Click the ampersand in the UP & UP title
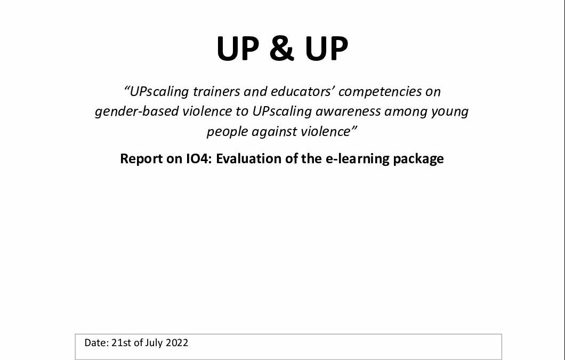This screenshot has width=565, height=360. click(281, 49)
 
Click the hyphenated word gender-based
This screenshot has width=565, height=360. click(137, 112)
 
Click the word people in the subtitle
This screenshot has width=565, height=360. click(227, 132)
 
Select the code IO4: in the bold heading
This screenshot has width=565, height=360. click(199, 159)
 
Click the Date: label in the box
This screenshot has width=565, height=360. click(96, 343)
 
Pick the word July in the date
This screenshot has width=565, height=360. click(154, 343)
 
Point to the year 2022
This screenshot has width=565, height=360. click(176, 343)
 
